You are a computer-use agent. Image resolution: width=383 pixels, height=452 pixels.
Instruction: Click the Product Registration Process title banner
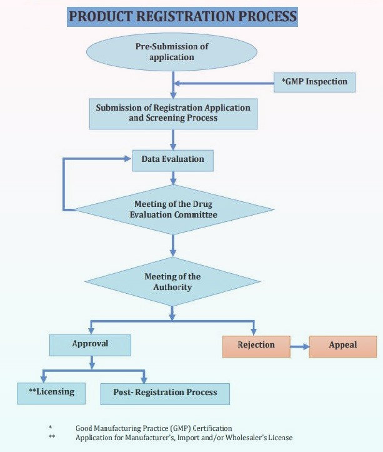(x=182, y=16)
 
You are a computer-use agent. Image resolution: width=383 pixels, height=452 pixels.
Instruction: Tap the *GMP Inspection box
(x=314, y=83)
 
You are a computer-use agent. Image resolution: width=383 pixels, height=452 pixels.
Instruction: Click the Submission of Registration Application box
(x=173, y=113)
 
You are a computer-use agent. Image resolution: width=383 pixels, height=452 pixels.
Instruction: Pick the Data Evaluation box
(x=173, y=159)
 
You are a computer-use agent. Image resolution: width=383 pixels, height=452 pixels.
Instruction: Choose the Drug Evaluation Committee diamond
(x=173, y=209)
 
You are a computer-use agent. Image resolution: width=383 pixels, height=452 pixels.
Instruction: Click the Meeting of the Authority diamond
(x=173, y=282)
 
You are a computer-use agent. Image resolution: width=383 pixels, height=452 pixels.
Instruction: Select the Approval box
(x=90, y=344)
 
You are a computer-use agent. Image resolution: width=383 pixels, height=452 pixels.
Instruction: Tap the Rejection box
(x=256, y=345)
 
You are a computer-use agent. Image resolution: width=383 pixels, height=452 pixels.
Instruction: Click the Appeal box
(x=343, y=345)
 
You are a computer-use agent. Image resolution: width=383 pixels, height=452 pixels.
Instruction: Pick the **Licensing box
(x=51, y=392)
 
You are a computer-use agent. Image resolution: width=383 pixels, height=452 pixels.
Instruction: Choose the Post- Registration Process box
(x=165, y=393)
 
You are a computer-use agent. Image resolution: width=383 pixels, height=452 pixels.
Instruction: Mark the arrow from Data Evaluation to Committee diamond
(x=173, y=178)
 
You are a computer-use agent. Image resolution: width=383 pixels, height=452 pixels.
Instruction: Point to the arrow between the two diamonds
(x=173, y=245)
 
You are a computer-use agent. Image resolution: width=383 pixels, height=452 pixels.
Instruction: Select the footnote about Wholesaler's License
(x=184, y=438)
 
